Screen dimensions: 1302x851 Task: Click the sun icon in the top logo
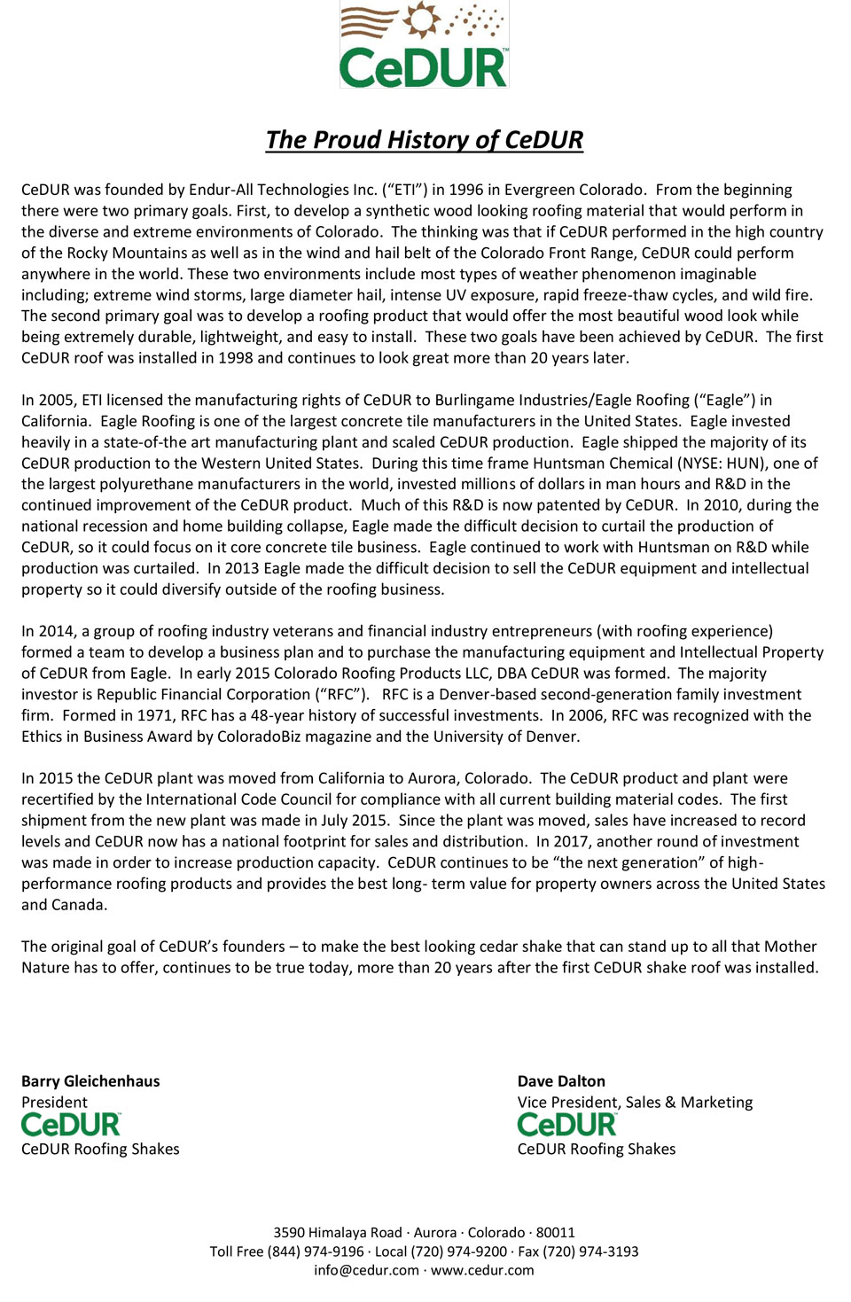point(422,19)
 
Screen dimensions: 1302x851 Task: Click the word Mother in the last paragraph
point(789,947)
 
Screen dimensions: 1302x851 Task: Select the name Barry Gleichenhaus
point(90,1081)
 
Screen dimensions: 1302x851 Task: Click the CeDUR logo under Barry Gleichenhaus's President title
point(71,1125)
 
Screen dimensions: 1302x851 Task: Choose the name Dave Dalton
point(561,1081)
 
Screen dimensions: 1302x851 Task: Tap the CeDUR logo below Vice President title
point(567,1125)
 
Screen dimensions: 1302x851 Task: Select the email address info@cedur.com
point(366,1270)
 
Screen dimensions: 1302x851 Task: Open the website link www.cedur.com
point(482,1270)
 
